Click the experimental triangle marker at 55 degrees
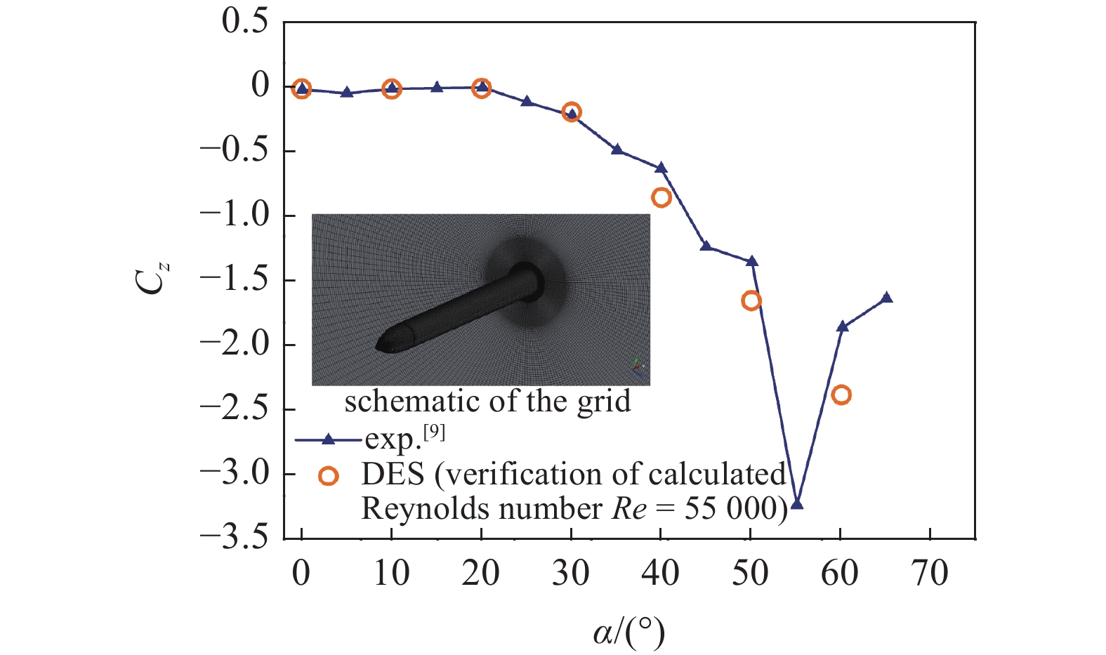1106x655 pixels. click(796, 503)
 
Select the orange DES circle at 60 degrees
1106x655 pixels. click(841, 395)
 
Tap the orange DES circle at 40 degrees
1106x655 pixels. click(661, 197)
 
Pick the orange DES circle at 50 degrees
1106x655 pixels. click(751, 300)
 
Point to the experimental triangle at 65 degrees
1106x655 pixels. click(886, 298)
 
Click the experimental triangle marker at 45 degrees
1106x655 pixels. click(706, 246)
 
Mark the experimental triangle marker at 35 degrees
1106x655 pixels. click(617, 150)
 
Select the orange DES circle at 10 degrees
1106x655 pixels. click(391, 88)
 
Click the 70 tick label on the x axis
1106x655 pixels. click(930, 574)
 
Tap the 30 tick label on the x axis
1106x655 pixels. click(570, 574)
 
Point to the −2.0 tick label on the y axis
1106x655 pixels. click(235, 345)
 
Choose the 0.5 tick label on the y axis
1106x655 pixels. click(245, 22)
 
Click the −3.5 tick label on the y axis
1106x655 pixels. click(235, 538)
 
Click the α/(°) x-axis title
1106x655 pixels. click(628, 633)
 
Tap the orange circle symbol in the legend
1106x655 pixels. click(328, 476)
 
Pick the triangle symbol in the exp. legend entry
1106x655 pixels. click(328, 440)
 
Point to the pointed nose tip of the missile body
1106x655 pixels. click(378, 345)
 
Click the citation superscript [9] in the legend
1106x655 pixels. click(434, 432)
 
